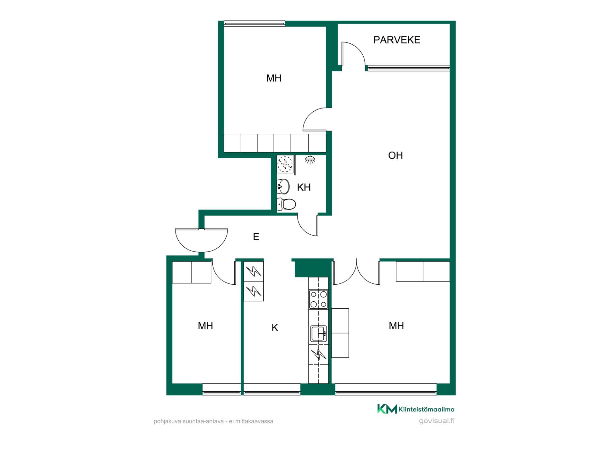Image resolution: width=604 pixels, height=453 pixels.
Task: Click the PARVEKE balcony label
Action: pos(397,40)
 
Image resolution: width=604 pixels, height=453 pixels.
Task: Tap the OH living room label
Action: pos(395,155)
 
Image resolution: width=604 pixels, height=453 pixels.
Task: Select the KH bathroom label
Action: pos(304,187)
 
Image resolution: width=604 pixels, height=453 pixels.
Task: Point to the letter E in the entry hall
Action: pos(256,237)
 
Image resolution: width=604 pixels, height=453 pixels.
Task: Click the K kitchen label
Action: pos(275,328)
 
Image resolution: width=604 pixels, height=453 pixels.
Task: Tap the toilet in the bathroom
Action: pos(286,204)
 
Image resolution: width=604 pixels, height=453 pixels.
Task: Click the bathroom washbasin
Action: pos(283,187)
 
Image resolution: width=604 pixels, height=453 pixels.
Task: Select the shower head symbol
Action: pos(310,159)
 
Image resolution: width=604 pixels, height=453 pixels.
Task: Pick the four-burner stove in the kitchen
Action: pos(319,299)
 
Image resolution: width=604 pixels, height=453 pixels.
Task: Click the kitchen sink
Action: pos(319,333)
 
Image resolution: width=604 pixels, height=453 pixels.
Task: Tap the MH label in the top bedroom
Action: pos(274,78)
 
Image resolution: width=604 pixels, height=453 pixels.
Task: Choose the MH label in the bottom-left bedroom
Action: pos(205,326)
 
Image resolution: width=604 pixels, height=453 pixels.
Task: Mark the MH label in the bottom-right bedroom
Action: pos(396,326)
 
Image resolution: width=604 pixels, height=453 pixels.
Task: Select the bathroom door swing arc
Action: pos(304,229)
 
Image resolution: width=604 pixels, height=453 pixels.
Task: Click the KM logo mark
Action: pos(387,409)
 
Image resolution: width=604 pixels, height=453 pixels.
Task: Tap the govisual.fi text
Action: pos(437,421)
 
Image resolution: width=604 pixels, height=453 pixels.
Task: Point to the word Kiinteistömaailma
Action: pos(426,409)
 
